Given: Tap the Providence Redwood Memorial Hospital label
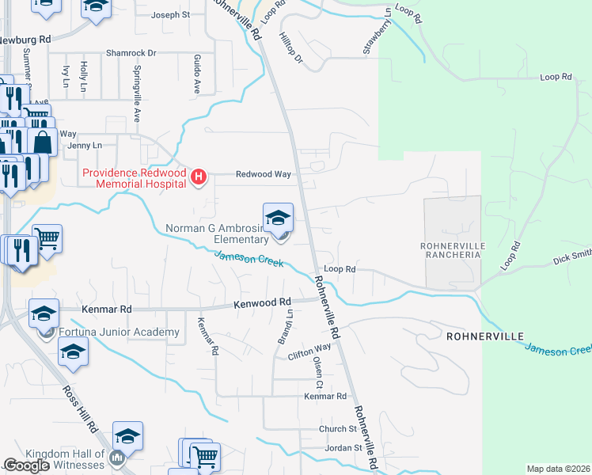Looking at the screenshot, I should point(135,177).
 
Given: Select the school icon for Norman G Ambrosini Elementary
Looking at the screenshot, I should point(278,218).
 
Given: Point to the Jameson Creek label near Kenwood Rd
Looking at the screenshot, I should point(249,258).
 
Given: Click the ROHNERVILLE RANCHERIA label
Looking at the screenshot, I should point(450,250).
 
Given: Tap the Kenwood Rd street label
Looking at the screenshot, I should point(263,303).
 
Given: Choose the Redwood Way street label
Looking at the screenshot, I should point(263,174).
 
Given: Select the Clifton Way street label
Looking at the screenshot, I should point(309,348).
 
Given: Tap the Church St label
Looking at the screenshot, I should point(338,429).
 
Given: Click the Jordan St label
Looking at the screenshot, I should point(343,448).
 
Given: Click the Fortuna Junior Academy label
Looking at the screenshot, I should point(118,332).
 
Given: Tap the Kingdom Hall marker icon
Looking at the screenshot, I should point(118,457).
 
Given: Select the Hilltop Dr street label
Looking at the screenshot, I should point(291,47).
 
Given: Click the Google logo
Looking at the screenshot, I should point(26,465).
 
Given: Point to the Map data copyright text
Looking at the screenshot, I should point(558,469).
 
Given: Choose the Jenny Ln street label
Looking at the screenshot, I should point(85,146).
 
